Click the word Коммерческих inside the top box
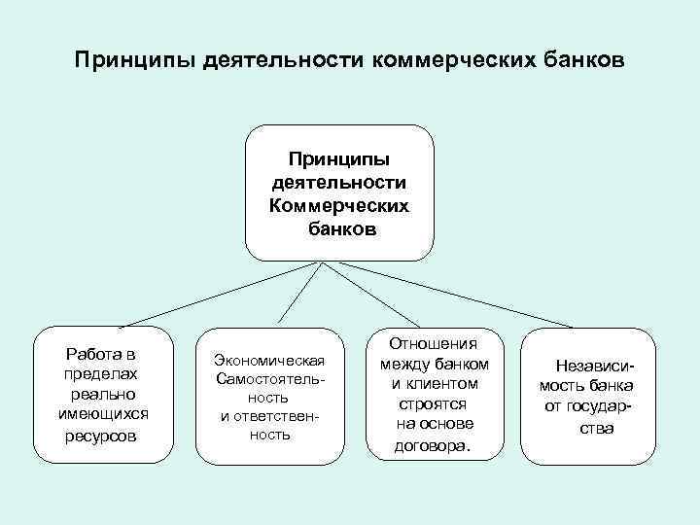click(338, 206)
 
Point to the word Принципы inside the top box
click(338, 159)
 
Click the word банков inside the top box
click(338, 230)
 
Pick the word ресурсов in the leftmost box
click(102, 437)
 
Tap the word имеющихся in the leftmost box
click(102, 415)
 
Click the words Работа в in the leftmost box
click(102, 352)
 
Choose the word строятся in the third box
click(434, 403)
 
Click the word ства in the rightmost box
click(596, 428)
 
